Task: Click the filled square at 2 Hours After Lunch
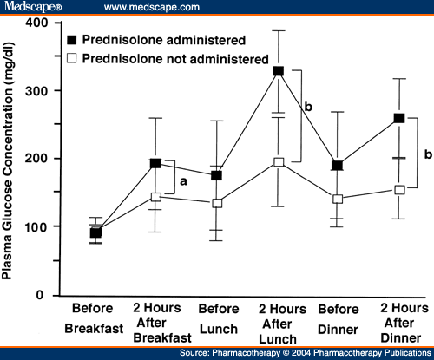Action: click(279, 71)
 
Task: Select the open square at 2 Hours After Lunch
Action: click(279, 162)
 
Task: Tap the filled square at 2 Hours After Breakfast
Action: click(155, 163)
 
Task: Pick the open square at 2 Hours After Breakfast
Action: click(156, 197)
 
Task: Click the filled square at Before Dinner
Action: click(338, 166)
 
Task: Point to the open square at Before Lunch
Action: click(217, 203)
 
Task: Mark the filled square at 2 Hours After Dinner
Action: click(399, 118)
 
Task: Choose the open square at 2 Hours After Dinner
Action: click(399, 190)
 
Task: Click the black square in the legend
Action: click(72, 40)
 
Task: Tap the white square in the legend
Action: click(72, 58)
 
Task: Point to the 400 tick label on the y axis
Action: click(36, 23)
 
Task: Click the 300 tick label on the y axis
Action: click(36, 91)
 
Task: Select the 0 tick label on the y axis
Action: click(40, 295)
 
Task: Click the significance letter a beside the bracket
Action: click(183, 182)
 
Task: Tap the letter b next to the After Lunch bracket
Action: click(308, 107)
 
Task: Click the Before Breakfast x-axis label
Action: click(94, 318)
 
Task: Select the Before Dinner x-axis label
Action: click(338, 319)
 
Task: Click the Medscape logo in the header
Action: click(33, 6)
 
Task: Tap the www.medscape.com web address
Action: click(152, 7)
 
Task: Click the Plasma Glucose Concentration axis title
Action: click(7, 161)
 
